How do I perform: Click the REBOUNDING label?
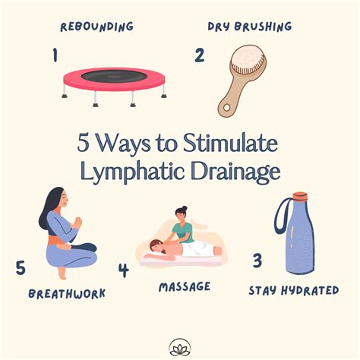click(96, 27)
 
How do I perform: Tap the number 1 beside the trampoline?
click(54, 55)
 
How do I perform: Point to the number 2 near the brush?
click(200, 55)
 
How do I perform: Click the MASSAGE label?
click(186, 287)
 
